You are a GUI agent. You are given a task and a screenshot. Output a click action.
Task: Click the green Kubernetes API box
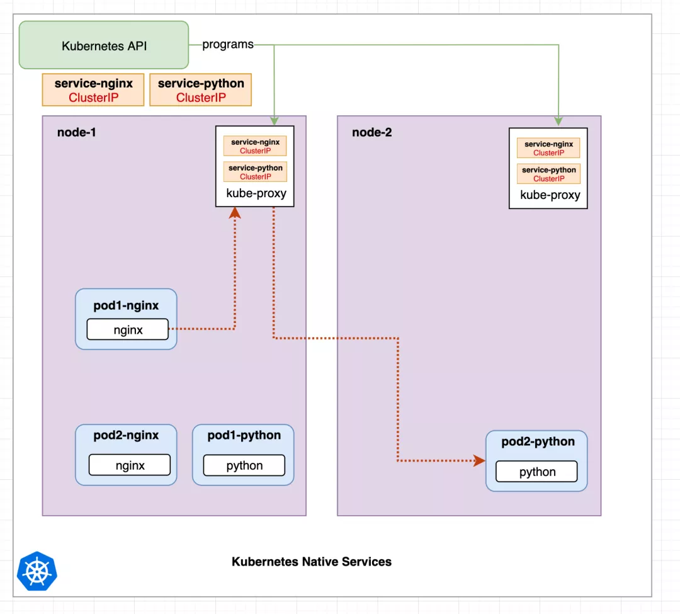104,45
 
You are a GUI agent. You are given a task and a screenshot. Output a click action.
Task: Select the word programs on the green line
228,45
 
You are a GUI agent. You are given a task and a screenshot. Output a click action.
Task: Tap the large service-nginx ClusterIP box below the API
93,90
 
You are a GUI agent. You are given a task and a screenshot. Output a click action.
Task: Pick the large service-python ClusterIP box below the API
201,90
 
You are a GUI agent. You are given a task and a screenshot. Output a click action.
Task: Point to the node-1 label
76,132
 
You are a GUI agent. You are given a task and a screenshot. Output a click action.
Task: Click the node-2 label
371,132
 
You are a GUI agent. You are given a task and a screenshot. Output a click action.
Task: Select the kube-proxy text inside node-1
256,193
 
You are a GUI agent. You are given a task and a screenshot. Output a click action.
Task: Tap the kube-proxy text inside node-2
550,195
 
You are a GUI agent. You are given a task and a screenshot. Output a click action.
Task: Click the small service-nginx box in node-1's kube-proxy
255,146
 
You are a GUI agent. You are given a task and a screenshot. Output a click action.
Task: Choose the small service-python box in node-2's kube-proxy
548,174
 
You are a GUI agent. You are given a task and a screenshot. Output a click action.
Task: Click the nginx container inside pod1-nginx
128,329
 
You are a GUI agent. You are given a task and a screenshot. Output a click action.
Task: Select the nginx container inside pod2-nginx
130,465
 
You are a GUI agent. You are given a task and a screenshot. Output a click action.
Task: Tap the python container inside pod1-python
244,465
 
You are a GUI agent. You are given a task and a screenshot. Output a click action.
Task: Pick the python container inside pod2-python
537,472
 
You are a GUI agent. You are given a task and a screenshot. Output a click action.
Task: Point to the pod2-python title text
538,441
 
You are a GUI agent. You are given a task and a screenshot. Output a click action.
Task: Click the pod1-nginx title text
126,305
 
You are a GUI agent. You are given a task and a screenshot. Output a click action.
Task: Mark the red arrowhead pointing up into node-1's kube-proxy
235,212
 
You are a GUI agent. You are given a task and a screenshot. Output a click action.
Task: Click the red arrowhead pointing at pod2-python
479,460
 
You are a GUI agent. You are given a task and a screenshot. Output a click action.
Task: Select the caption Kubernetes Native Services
311,562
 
